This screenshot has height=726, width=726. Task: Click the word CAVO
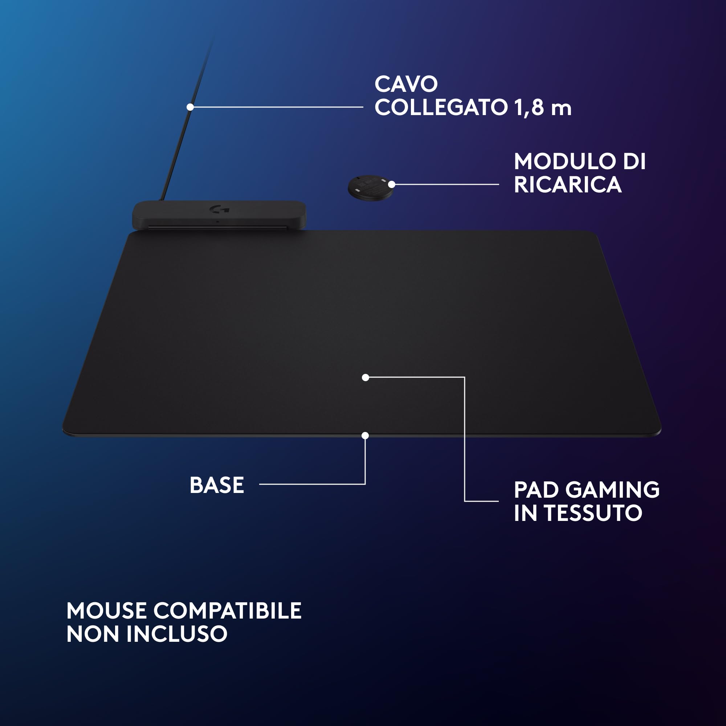[x=406, y=84]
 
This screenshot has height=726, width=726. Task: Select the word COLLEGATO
[x=441, y=108]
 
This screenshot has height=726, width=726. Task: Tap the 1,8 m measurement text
[x=543, y=108]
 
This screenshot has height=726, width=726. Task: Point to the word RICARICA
[x=567, y=185]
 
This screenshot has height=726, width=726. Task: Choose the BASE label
[x=217, y=485]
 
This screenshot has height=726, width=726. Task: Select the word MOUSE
[x=106, y=611]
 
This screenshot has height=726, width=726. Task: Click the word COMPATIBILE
[x=227, y=611]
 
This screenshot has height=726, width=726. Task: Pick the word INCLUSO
[x=177, y=634]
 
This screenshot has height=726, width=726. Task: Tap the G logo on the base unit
[x=220, y=209]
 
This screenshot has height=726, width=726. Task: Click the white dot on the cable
[x=190, y=107]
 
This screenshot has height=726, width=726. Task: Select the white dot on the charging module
[x=392, y=184]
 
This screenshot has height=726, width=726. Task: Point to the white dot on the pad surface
[x=365, y=377]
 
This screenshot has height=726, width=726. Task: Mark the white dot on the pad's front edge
[x=365, y=436]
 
